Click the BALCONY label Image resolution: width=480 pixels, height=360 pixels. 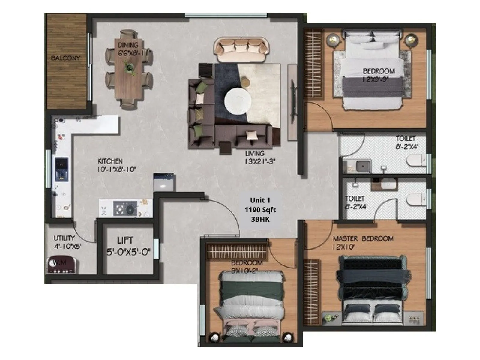click(65, 58)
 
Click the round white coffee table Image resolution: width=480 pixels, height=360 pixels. click(238, 101)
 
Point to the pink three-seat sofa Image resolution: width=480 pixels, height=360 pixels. click(241, 49)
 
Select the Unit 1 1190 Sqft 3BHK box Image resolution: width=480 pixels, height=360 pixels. click(260, 210)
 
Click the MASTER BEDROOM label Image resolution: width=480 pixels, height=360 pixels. click(363, 239)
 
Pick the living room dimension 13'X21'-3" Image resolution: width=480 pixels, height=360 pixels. click(260, 161)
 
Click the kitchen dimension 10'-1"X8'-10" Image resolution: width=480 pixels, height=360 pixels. click(116, 169)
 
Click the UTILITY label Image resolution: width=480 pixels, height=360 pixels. click(64, 238)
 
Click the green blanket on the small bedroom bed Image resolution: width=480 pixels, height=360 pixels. click(252, 289)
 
